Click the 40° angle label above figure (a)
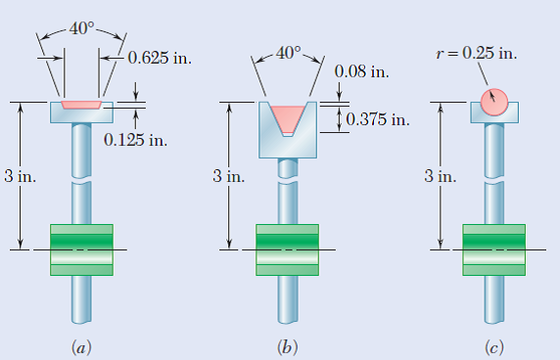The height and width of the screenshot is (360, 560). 81,25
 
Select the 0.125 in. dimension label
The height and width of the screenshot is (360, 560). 135,138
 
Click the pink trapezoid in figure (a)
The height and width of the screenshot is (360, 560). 81,104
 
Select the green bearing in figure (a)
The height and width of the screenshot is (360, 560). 81,248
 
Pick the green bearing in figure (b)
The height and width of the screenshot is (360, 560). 288,248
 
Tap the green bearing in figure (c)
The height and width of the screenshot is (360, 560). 494,248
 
